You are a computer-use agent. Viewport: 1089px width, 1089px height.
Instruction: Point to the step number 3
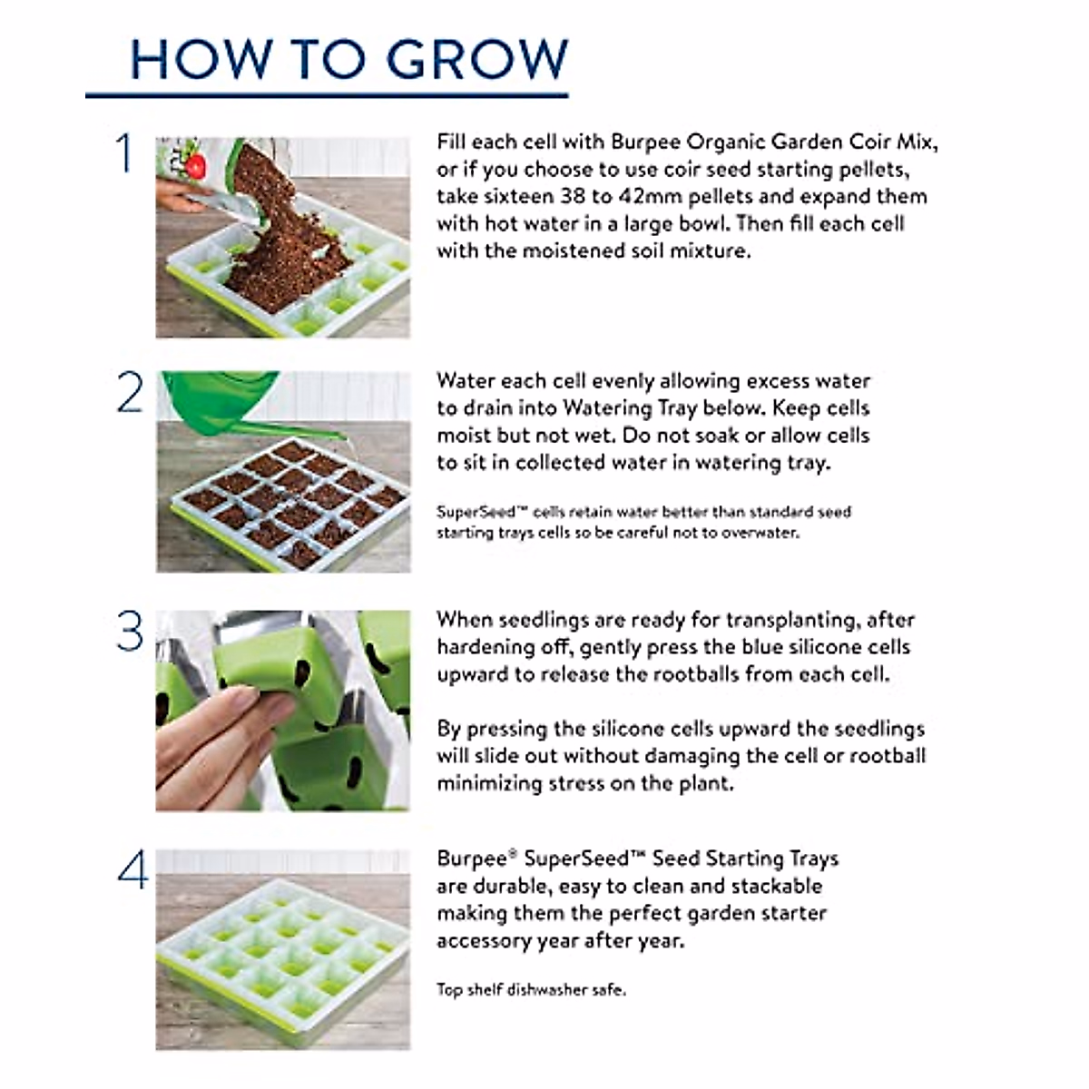click(130, 632)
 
